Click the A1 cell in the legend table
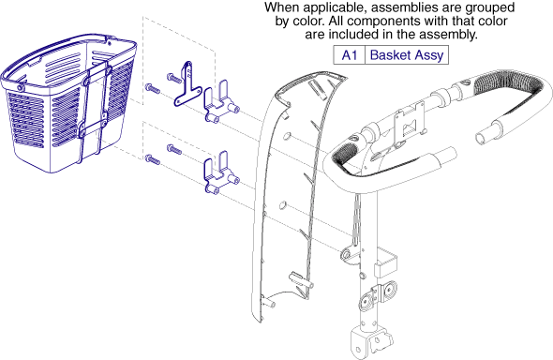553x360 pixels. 350,55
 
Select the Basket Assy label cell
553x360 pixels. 407,55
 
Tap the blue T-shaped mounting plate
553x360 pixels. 187,84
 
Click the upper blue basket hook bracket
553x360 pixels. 220,102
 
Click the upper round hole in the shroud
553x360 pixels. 288,136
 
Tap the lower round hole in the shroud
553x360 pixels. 282,205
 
